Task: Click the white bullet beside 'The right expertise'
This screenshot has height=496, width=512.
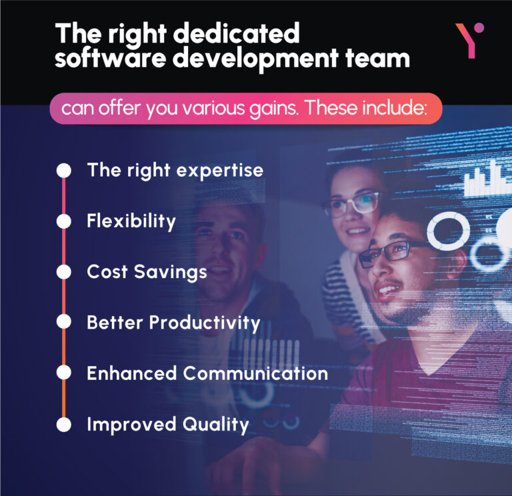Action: pos(64,170)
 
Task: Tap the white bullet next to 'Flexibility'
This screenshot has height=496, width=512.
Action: pos(64,221)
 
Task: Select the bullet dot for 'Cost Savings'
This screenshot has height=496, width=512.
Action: pos(64,272)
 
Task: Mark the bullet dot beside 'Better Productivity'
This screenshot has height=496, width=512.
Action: pos(64,322)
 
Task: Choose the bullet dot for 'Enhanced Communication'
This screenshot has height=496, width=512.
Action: pos(64,373)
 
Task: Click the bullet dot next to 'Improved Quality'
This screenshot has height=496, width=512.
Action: pos(64,424)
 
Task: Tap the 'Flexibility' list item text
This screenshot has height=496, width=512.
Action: pos(131,221)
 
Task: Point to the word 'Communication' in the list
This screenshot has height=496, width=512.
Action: pos(256,373)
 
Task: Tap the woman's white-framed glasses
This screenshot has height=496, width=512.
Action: pos(351,203)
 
